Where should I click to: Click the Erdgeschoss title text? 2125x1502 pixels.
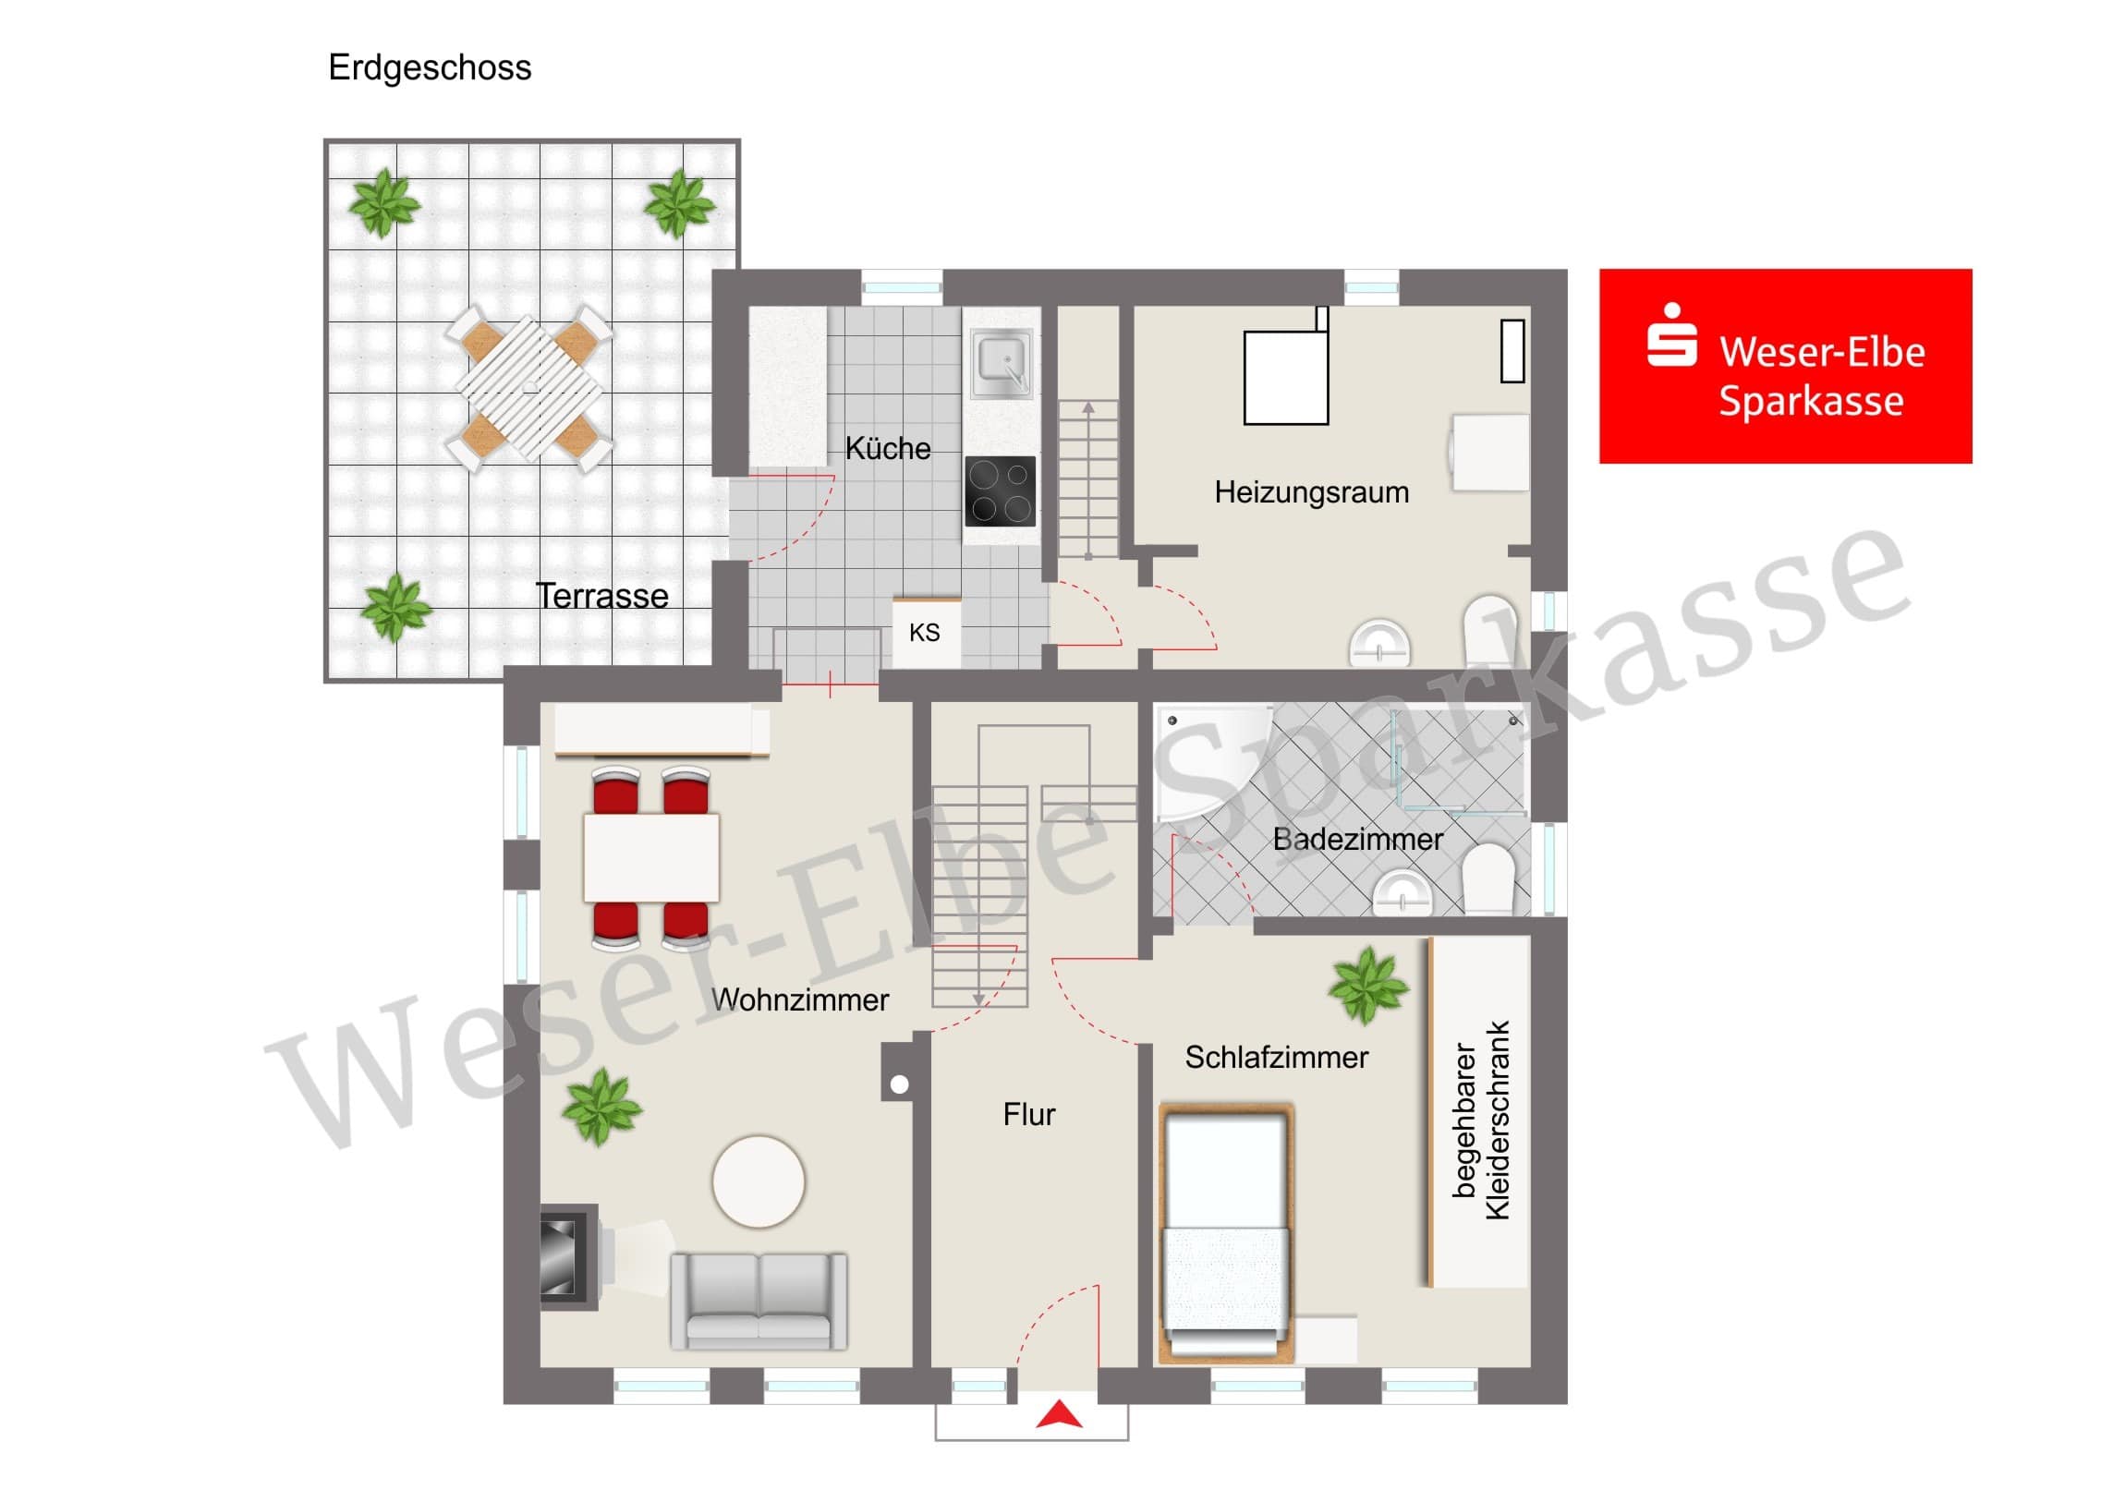coord(430,67)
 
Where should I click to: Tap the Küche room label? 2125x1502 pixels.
coord(888,448)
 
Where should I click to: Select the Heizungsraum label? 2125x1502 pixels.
coord(1311,492)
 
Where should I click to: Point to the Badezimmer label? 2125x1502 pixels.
coord(1357,839)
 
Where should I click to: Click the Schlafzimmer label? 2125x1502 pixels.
coord(1276,1057)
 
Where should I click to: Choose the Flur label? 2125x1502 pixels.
coord(1028,1114)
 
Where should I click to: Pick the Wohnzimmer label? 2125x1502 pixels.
coord(800,999)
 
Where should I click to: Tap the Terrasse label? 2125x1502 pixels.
coord(601,596)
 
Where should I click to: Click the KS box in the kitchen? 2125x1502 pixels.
coord(926,632)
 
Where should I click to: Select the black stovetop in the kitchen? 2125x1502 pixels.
coord(1001,491)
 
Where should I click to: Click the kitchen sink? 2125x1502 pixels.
coord(1002,362)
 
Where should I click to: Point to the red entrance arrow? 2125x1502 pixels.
coord(1059,1415)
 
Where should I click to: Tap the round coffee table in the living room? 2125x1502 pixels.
coord(759,1181)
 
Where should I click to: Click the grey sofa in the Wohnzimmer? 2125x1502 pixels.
coord(759,1301)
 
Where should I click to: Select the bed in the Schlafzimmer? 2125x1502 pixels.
coord(1226,1233)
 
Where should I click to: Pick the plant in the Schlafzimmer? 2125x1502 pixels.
coord(1368,987)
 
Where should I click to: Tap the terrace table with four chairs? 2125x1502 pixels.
coord(529,389)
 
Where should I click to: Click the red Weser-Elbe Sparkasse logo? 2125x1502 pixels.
coord(1785,366)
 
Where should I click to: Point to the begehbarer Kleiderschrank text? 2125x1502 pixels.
coord(1482,1120)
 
